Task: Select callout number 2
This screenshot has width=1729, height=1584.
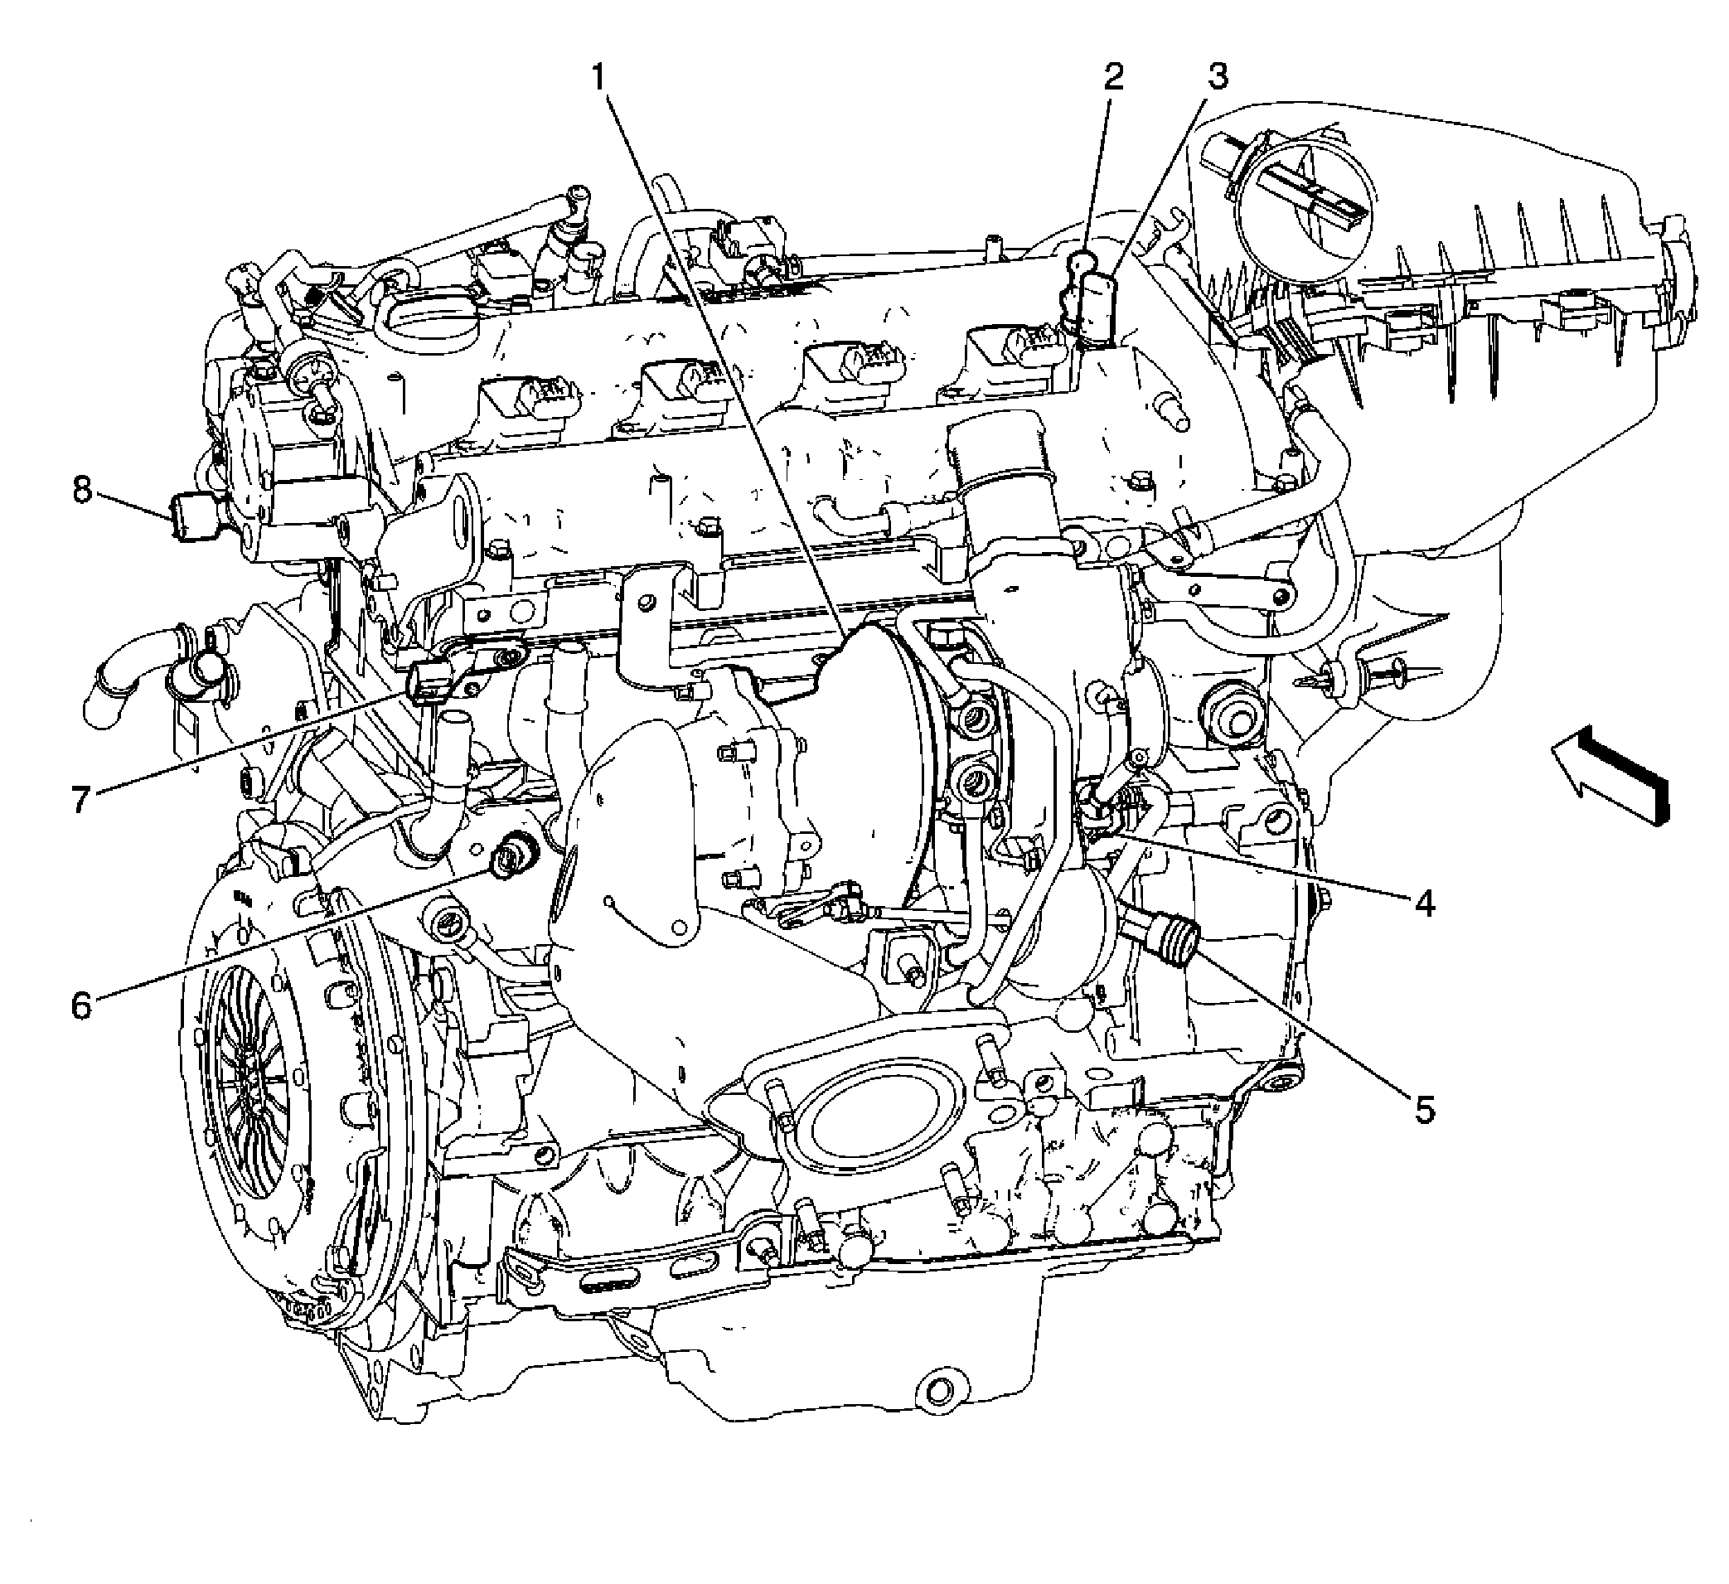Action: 1112,78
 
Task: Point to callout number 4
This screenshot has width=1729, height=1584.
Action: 1425,903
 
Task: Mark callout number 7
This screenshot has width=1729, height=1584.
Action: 80,799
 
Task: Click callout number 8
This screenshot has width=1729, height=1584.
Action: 81,492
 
